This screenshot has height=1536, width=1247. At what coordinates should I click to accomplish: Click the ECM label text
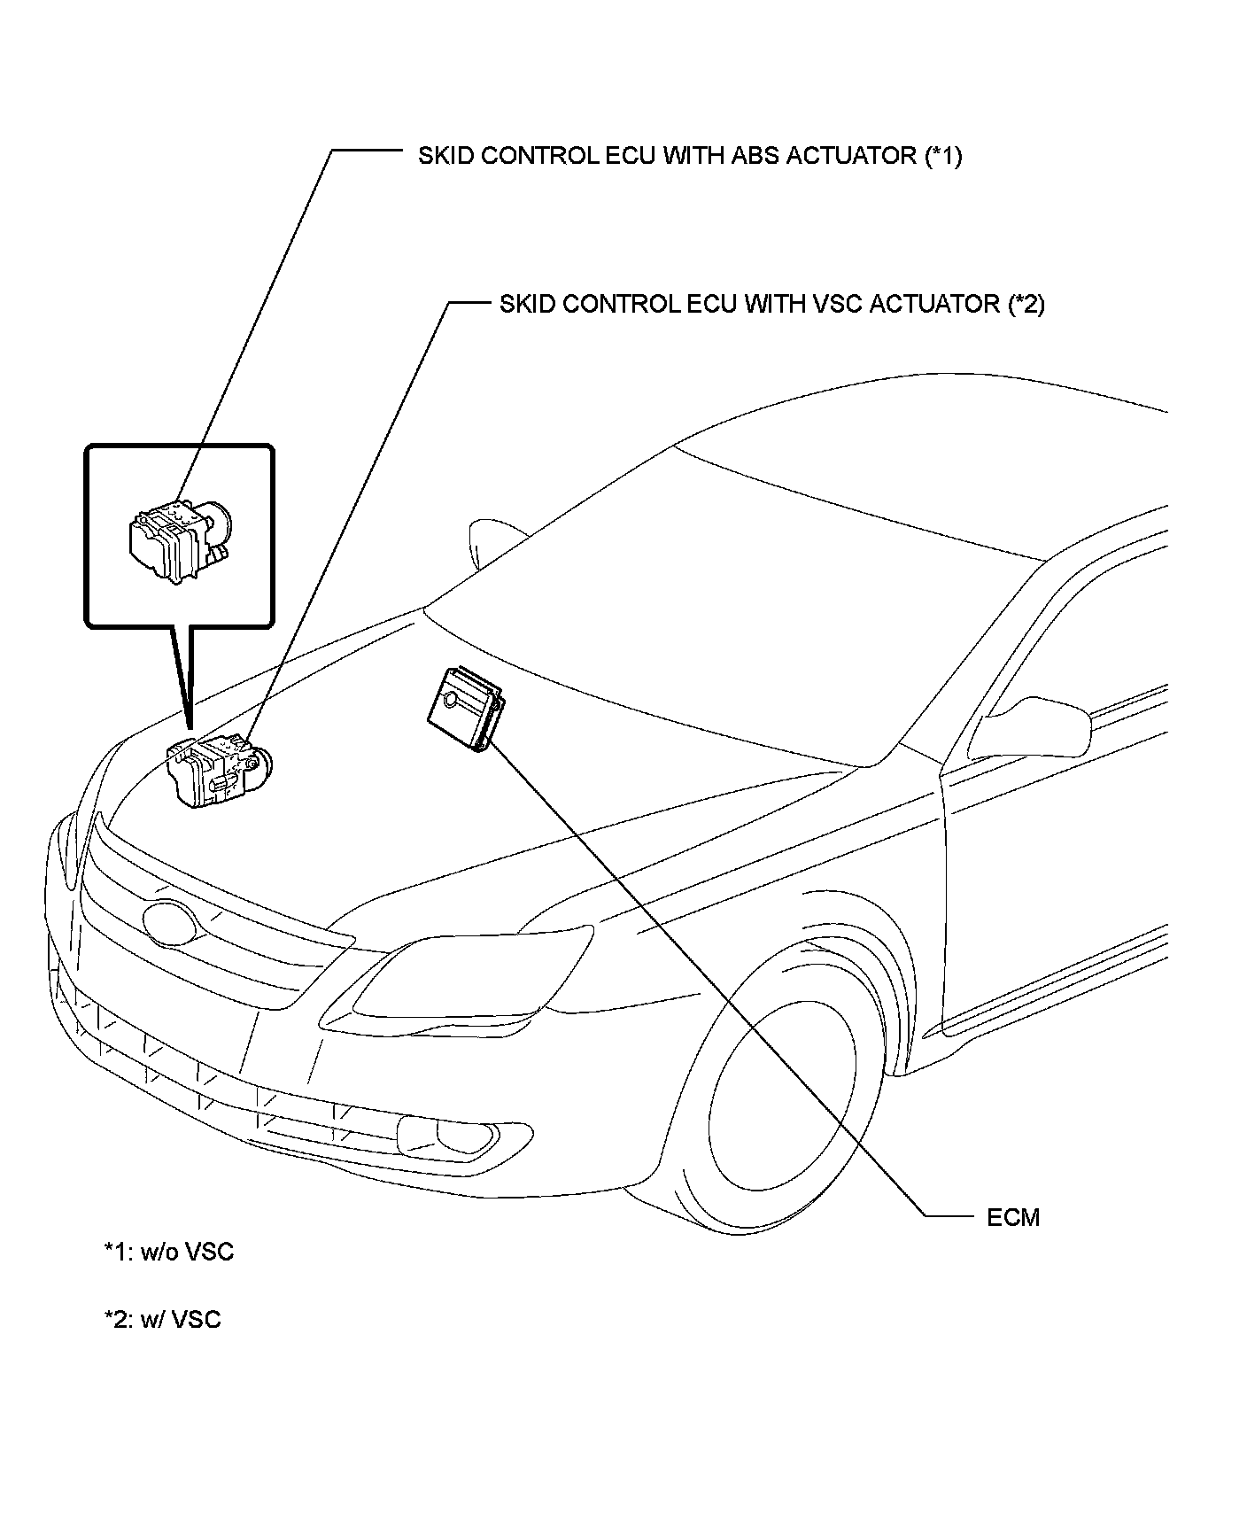(1013, 1217)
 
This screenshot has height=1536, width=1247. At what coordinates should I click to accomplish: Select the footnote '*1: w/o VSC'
(169, 1252)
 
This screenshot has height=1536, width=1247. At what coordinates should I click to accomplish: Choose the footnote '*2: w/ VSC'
(163, 1319)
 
